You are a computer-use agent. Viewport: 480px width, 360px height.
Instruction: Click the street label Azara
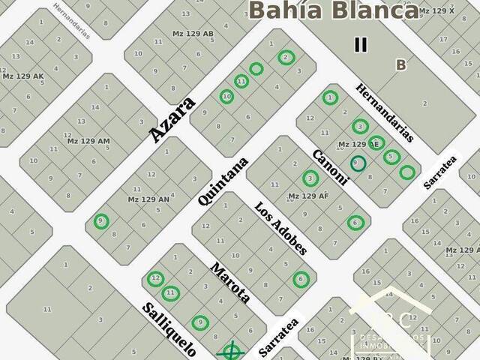(x=172, y=118)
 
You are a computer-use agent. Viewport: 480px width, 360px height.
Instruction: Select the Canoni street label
(x=331, y=166)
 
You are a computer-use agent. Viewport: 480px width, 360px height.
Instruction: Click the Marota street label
(x=229, y=282)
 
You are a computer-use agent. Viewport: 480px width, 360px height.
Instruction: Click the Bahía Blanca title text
(x=334, y=11)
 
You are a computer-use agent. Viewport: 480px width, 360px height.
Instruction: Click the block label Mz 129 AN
(x=148, y=199)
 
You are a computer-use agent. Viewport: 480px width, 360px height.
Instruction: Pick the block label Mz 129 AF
(x=308, y=196)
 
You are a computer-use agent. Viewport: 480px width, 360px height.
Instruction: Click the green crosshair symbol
(x=231, y=350)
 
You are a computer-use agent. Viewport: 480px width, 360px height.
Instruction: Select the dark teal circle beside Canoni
(x=358, y=163)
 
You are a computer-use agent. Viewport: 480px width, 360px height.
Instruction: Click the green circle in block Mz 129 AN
(x=101, y=221)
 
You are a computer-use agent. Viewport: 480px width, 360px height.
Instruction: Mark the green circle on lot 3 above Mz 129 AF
(x=310, y=178)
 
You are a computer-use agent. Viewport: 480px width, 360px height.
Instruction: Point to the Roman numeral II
(x=361, y=44)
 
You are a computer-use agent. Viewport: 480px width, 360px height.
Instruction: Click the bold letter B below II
(x=400, y=65)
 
